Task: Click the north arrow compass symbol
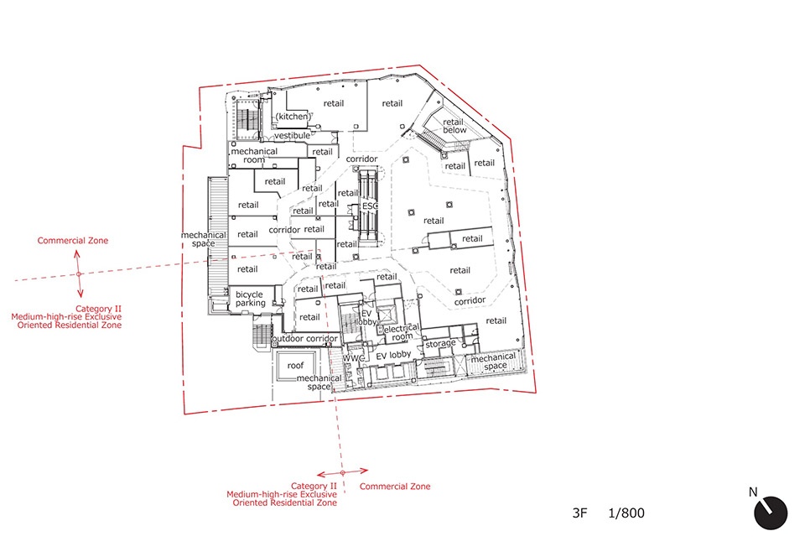click(771, 513)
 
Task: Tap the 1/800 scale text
click(626, 513)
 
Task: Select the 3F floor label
click(579, 513)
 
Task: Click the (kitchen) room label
click(293, 117)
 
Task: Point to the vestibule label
click(292, 136)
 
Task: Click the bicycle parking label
click(250, 299)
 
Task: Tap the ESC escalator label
click(370, 206)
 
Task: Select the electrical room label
click(402, 332)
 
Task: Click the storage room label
click(440, 343)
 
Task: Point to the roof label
click(295, 366)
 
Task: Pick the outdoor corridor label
click(305, 339)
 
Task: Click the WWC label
click(354, 358)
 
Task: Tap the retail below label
click(454, 126)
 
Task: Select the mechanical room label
click(254, 155)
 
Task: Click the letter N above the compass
click(753, 492)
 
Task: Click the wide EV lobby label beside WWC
click(393, 356)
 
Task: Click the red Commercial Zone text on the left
click(73, 240)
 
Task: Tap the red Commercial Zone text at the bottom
click(395, 487)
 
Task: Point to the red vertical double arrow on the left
click(79, 274)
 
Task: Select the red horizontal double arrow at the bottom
click(342, 472)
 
